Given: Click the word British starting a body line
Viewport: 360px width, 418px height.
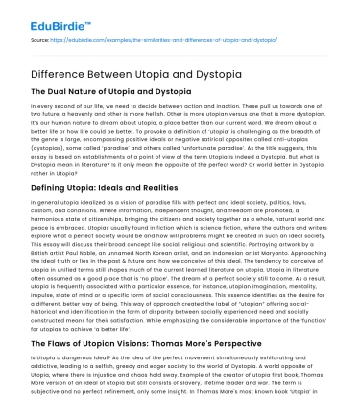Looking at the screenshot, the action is (41, 253).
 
